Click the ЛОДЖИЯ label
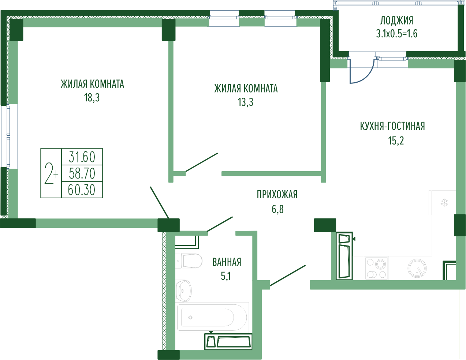[396, 21]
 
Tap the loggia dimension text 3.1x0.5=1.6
[397, 34]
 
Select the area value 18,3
[92, 98]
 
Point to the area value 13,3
[245, 102]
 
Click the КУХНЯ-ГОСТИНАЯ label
[392, 126]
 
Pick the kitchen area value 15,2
[396, 141]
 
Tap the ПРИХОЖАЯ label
[277, 195]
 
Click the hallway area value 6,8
[277, 209]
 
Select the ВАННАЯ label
[227, 262]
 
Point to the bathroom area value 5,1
[225, 276]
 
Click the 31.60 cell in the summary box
[82, 157]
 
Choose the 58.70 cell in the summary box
[82, 173]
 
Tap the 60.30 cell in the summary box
[82, 190]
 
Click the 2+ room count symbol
[51, 173]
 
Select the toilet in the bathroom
[189, 260]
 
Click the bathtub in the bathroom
[212, 317]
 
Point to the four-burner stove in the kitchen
[376, 268]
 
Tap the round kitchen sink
[417, 268]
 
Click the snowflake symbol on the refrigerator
[444, 203]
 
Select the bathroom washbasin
[183, 291]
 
